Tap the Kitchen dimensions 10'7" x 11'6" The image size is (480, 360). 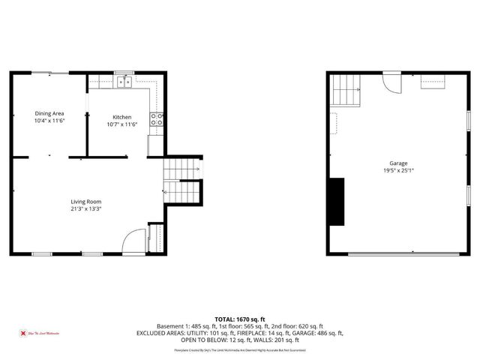[122, 124]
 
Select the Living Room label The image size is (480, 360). [86, 202]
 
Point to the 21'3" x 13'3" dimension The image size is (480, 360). [86, 209]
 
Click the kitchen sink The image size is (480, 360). [124, 82]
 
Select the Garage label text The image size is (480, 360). [397, 163]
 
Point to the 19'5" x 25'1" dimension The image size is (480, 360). [397, 170]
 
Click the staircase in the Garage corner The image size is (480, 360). [346, 90]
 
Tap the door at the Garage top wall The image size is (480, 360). [392, 81]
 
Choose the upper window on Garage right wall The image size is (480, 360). [469, 120]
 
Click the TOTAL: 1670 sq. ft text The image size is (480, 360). [239, 319]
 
